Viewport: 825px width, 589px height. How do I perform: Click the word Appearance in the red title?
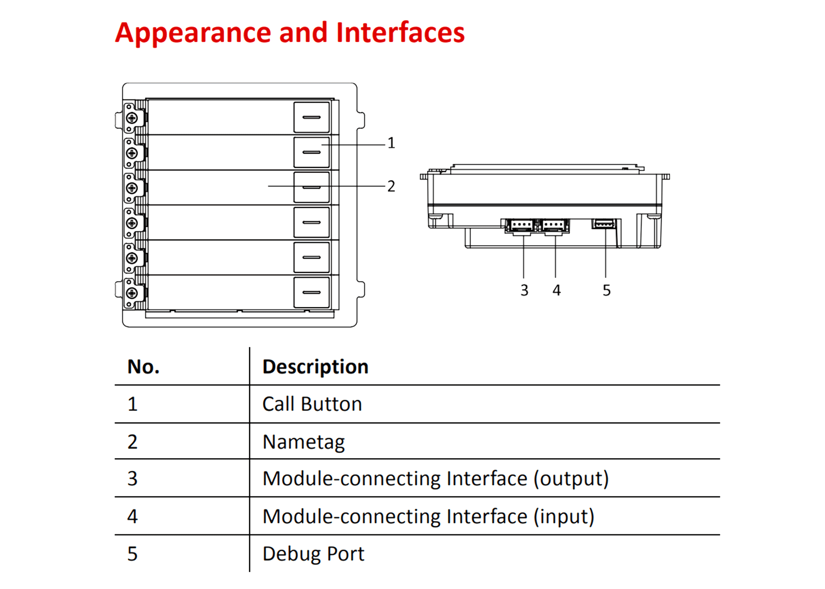[x=193, y=33]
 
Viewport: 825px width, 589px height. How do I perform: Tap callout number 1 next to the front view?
[x=391, y=143]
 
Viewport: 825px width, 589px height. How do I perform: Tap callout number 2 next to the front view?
[x=391, y=186]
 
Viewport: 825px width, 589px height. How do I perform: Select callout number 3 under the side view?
[x=524, y=290]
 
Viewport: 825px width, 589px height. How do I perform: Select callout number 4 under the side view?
[x=556, y=290]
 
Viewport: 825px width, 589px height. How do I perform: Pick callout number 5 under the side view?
[x=606, y=290]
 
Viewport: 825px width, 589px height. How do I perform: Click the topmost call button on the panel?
[x=311, y=117]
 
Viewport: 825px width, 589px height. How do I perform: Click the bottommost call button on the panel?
[x=311, y=292]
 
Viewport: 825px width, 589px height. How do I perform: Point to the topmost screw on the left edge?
[x=132, y=118]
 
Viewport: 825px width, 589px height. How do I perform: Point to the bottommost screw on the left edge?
[x=132, y=293]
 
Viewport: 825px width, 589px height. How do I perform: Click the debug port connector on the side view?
[x=604, y=224]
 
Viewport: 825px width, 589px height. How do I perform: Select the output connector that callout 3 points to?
[x=522, y=226]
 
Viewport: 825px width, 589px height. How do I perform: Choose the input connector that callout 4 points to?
[x=554, y=226]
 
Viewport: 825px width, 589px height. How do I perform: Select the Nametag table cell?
[x=303, y=442]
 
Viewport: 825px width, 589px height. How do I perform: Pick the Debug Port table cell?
[x=313, y=554]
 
